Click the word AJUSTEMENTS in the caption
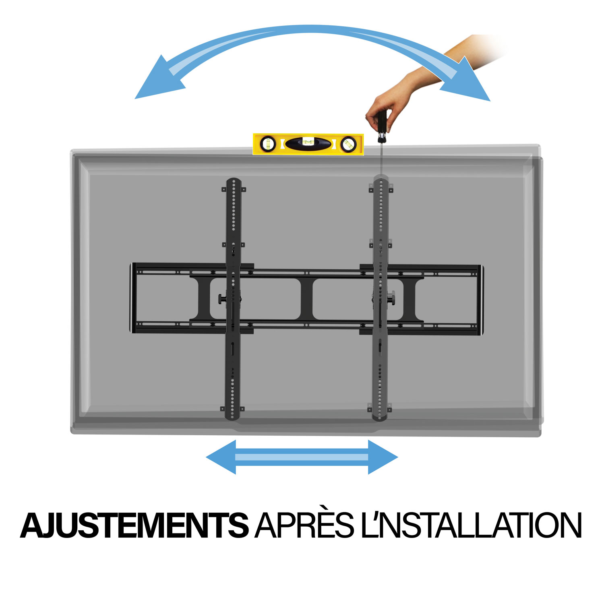click(134, 525)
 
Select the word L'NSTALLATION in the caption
click(471, 525)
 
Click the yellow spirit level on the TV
click(308, 144)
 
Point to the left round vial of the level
click(269, 144)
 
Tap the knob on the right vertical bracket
click(391, 299)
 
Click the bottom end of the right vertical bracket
click(380, 417)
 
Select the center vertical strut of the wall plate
click(306, 298)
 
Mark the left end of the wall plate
click(132, 298)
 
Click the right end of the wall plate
click(480, 298)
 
